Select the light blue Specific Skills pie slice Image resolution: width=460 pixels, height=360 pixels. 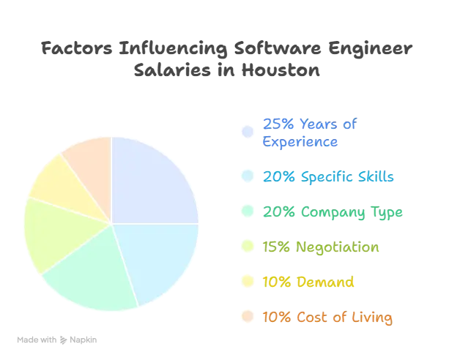165,260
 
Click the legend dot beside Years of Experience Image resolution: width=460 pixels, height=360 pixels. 248,132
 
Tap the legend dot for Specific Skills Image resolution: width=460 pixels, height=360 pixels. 248,177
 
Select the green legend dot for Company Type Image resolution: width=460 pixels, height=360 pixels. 248,213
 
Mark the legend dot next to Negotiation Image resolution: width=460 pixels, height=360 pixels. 248,248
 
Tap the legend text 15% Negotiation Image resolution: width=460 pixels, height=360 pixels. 322,248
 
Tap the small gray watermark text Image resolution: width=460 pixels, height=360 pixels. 58,340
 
